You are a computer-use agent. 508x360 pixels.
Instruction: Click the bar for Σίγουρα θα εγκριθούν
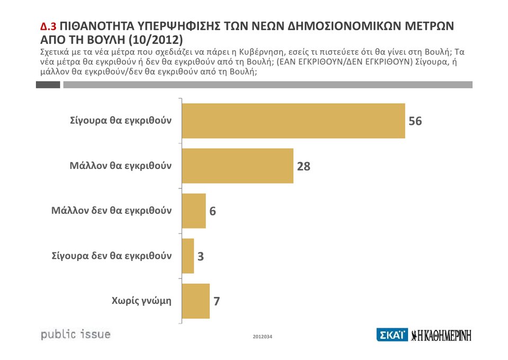[x=293, y=121]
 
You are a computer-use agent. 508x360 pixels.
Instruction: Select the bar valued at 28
[x=238, y=166]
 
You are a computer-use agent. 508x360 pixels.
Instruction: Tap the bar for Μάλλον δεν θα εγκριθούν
[x=194, y=211]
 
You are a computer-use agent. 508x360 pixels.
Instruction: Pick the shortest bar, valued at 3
[x=188, y=256]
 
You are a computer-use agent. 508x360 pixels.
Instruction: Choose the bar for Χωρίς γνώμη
[x=196, y=301]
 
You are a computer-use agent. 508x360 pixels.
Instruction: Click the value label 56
[x=415, y=121]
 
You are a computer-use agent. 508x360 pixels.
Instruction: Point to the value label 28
[x=303, y=166]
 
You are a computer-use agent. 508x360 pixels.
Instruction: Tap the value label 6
[x=212, y=211]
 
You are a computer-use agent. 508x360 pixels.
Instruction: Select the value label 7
[x=216, y=301]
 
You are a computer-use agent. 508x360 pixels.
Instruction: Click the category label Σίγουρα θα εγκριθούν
[x=121, y=120]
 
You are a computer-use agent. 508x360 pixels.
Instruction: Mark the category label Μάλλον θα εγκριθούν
[x=121, y=165]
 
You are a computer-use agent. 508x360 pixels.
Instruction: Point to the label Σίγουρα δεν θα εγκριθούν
[x=112, y=255]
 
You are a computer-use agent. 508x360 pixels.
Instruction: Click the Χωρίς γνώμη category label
[x=141, y=301]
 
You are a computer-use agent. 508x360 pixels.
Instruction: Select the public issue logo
[x=76, y=335]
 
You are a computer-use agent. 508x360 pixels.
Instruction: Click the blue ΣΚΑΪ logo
[x=392, y=335]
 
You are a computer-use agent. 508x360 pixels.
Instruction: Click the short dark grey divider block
[x=48, y=85]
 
